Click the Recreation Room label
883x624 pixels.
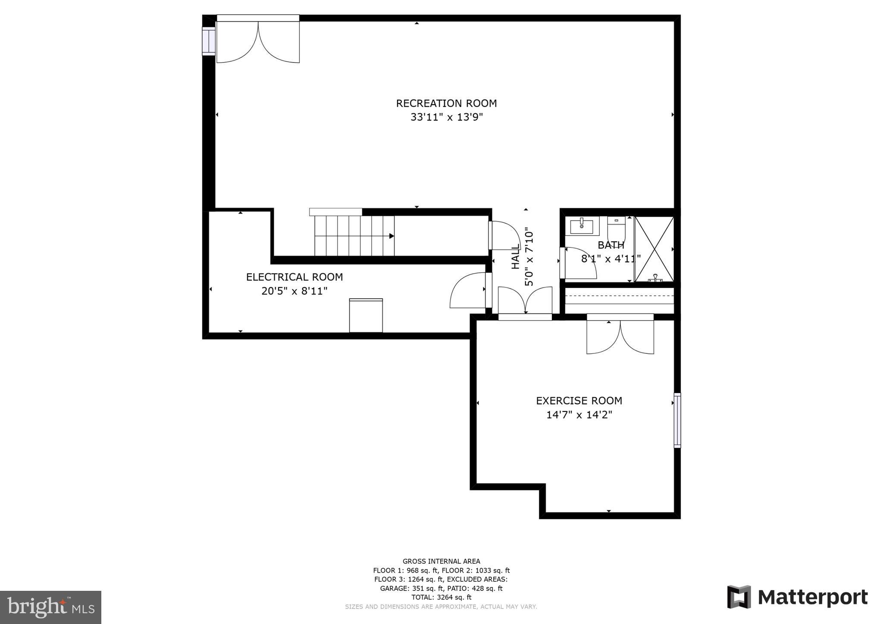446,103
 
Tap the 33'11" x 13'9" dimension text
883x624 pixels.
446,117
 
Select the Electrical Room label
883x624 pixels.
294,277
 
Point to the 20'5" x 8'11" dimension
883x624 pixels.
294,291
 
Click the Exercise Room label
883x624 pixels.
579,401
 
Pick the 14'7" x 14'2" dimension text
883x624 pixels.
579,415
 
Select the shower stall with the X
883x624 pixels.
654,249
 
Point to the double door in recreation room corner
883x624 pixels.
258,41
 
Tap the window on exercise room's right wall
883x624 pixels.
677,420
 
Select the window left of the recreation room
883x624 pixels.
208,41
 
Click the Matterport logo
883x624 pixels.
798,597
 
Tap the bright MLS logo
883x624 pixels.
50,607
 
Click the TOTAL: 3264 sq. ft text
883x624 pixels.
441,597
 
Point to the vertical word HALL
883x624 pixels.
516,257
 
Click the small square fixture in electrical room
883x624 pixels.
366,315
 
